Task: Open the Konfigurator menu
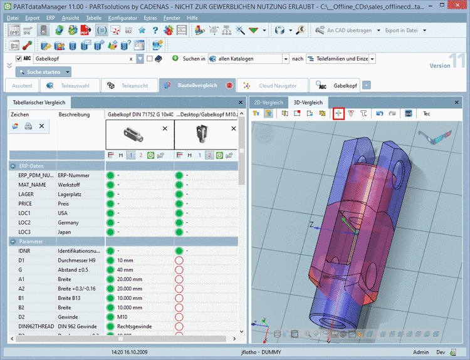point(122,18)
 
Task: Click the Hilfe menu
point(192,18)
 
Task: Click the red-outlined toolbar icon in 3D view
point(338,113)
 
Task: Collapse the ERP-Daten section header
point(31,166)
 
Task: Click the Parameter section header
point(31,241)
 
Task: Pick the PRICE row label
point(26,203)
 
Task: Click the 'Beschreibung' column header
point(73,115)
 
